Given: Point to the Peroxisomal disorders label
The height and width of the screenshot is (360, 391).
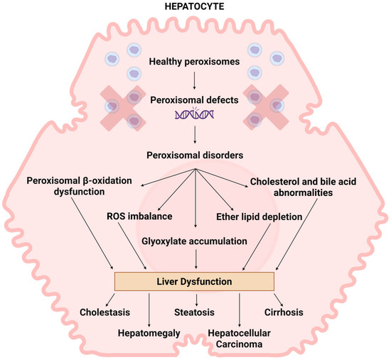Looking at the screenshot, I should (195, 154).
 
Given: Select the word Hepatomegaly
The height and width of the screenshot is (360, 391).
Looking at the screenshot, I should (150, 332).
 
